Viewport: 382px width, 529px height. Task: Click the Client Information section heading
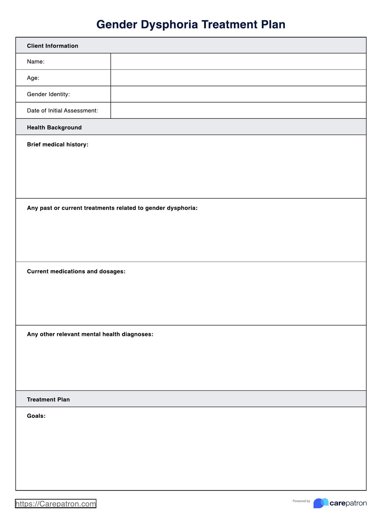[53, 46]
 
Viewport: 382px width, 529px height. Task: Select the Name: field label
[36, 62]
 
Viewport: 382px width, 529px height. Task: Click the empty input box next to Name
[238, 62]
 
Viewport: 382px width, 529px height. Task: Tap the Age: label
[33, 78]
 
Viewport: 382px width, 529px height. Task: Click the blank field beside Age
[238, 78]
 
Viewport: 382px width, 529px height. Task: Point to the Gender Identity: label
[48, 94]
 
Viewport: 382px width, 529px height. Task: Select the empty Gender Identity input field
[238, 94]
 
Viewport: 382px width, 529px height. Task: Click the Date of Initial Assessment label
[62, 111]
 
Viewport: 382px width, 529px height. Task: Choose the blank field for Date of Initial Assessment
[238, 111]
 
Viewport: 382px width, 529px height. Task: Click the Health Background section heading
[54, 128]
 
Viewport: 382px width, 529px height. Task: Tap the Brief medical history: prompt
[57, 144]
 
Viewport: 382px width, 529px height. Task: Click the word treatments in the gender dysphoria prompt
[99, 208]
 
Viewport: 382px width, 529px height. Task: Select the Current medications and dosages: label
[76, 271]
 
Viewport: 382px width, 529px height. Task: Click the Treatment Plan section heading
[48, 400]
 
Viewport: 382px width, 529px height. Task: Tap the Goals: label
[36, 416]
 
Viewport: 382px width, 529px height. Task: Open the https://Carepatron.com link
[56, 504]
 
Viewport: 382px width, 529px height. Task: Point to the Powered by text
[301, 501]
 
